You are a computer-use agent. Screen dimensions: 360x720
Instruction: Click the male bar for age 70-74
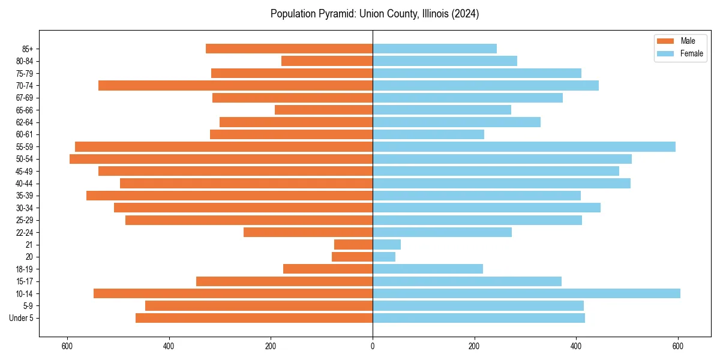[x=235, y=85]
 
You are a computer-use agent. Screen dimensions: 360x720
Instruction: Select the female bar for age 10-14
[x=526, y=293]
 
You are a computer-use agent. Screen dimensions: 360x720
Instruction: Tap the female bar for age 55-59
[x=524, y=146]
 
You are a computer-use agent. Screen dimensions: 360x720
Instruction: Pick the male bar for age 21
[x=353, y=244]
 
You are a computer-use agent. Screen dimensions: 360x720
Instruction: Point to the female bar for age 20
[x=384, y=257]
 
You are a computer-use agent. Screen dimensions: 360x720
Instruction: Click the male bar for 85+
[x=289, y=49]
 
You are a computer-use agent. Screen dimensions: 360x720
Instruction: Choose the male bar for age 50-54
[x=221, y=159]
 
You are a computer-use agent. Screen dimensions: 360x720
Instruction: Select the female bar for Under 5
[x=479, y=318]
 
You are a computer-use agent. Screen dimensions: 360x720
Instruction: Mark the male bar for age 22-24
[x=308, y=232]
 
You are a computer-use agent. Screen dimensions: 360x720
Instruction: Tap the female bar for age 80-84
[x=445, y=61]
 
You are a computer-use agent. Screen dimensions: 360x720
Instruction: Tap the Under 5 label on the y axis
[x=21, y=318]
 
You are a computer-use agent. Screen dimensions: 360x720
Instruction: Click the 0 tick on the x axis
[x=373, y=346]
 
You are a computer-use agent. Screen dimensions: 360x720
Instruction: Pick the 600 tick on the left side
[x=67, y=346]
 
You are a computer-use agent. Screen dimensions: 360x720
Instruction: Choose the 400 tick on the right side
[x=576, y=346]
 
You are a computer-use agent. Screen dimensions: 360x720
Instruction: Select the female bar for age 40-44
[x=502, y=183]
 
